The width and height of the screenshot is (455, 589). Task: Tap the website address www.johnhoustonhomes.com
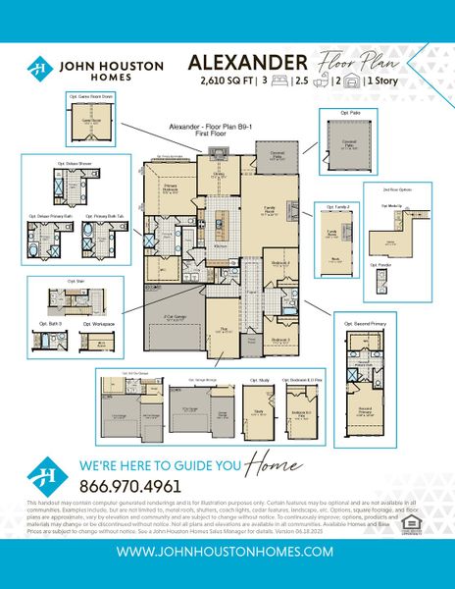pos(227,553)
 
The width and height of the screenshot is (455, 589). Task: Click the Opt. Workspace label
pos(99,323)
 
